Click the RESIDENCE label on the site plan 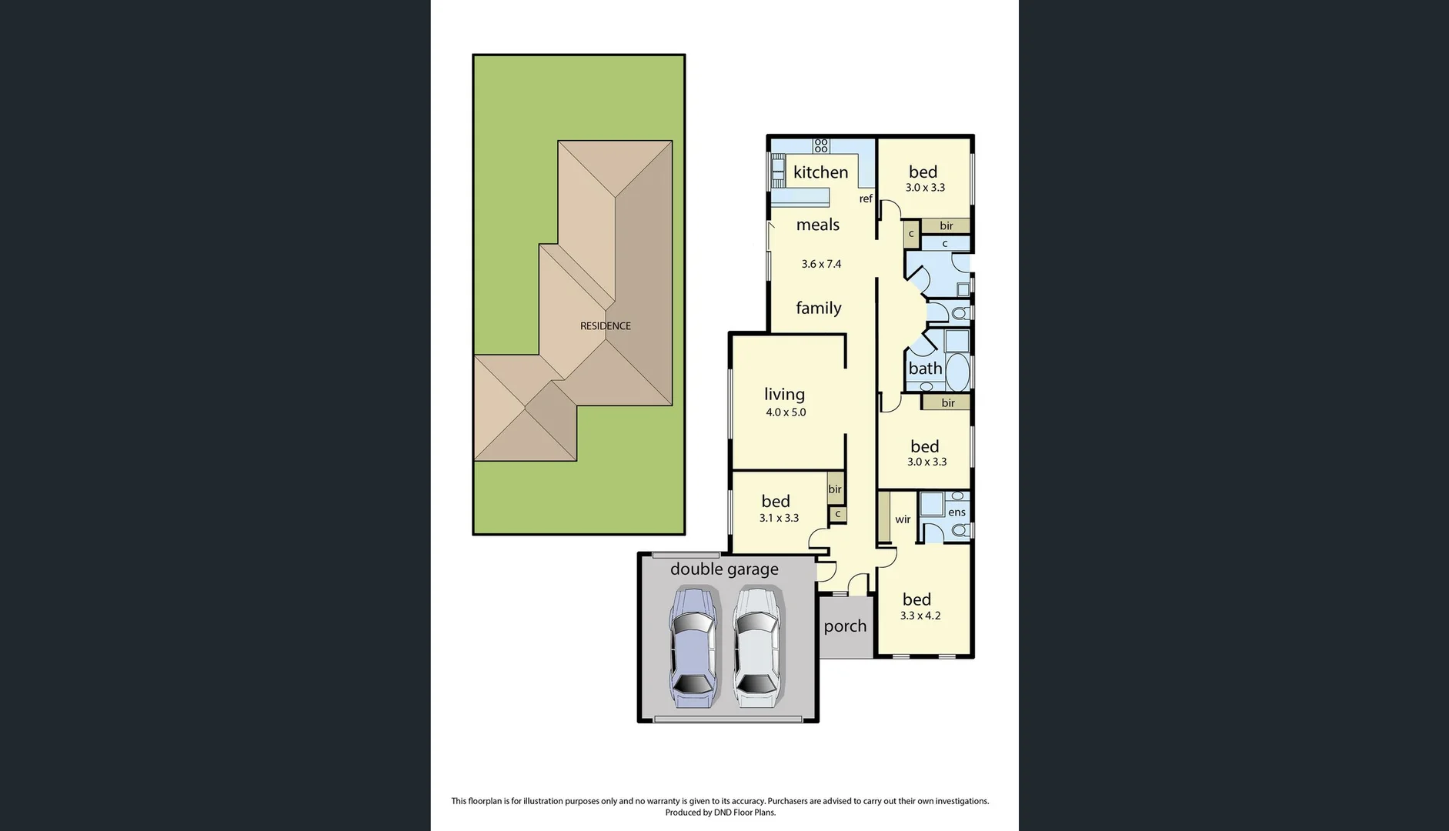tap(605, 326)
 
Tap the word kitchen tap(820, 172)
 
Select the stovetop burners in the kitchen tap(821, 145)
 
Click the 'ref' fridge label tap(866, 199)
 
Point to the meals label tap(817, 225)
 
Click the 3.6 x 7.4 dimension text tap(821, 264)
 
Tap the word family tap(818, 308)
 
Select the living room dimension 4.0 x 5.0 tap(785, 412)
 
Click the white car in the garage tap(757, 646)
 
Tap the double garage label tap(724, 569)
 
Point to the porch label tap(845, 626)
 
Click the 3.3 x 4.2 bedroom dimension tap(920, 616)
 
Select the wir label tap(903, 519)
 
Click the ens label tap(957, 512)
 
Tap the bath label tap(925, 369)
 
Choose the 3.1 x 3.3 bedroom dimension tap(779, 518)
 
